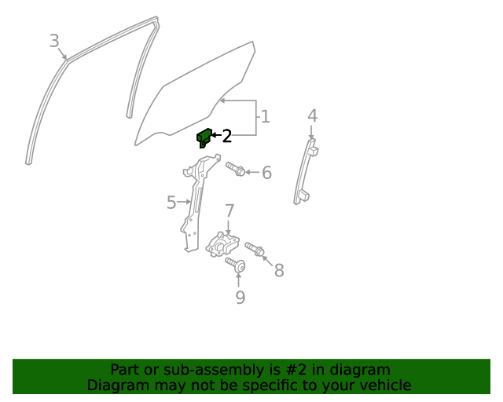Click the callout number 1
(x=266, y=117)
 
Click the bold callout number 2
(x=227, y=137)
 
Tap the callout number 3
(x=54, y=41)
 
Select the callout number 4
(x=313, y=115)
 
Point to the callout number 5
(x=171, y=203)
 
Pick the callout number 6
(x=267, y=173)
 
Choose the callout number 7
(x=229, y=211)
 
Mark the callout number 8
(x=279, y=270)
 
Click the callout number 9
(x=240, y=298)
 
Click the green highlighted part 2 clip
(x=204, y=138)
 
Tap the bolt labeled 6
(x=236, y=169)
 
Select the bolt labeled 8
(x=255, y=249)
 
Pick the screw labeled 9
(x=236, y=265)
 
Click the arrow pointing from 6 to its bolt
(x=252, y=172)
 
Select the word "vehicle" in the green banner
(x=388, y=385)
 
